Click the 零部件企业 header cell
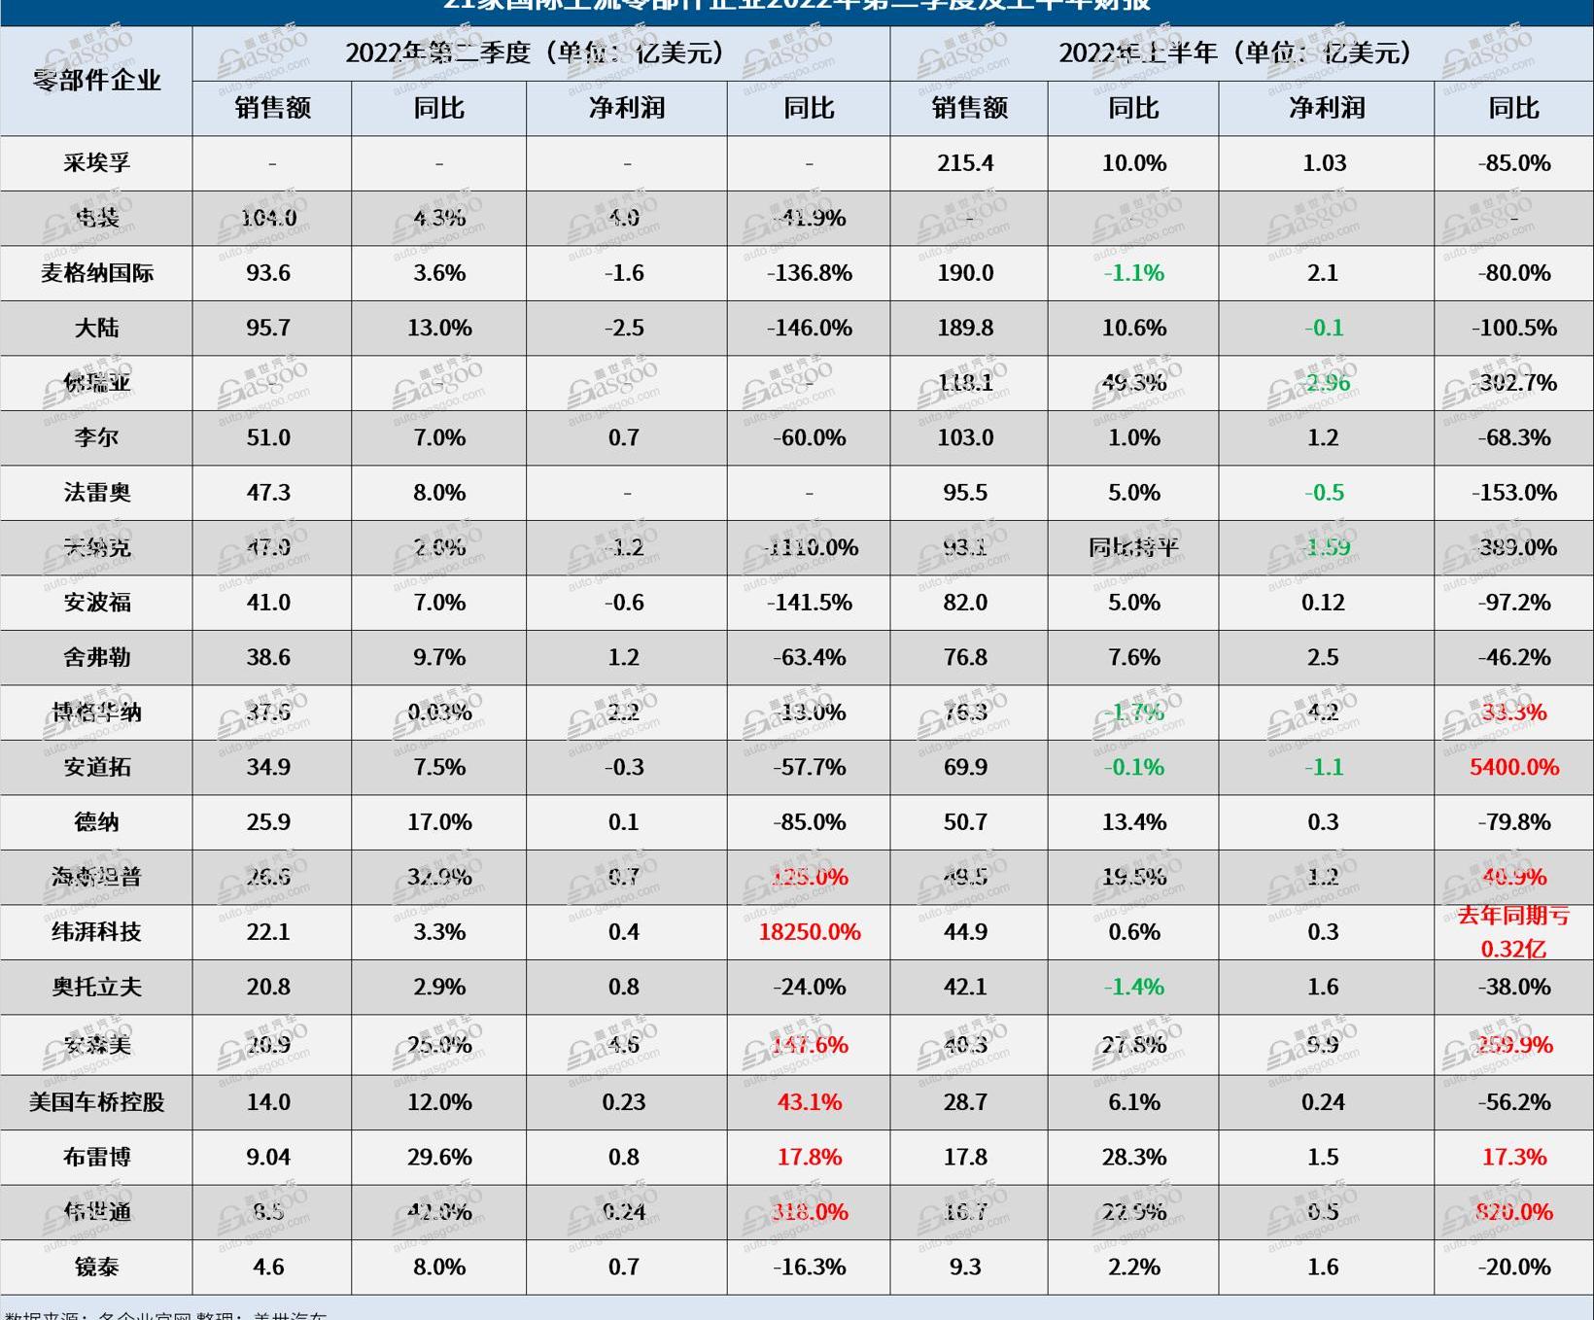click(96, 80)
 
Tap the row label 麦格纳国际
click(96, 273)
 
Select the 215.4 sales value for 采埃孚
click(965, 163)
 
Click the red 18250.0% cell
click(809, 932)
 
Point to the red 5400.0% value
click(1513, 767)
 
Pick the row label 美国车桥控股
click(96, 1102)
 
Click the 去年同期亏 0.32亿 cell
click(1513, 932)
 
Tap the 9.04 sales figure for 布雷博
click(268, 1157)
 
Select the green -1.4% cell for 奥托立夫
click(1133, 987)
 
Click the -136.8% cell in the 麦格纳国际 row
click(809, 273)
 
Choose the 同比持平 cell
click(1133, 547)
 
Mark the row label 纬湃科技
click(96, 932)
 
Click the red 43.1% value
click(809, 1102)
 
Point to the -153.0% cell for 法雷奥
click(1513, 493)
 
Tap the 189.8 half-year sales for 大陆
click(965, 328)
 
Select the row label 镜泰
click(96, 1267)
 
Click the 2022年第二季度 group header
click(540, 52)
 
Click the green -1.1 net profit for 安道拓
click(1323, 767)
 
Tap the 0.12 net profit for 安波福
click(1323, 603)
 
